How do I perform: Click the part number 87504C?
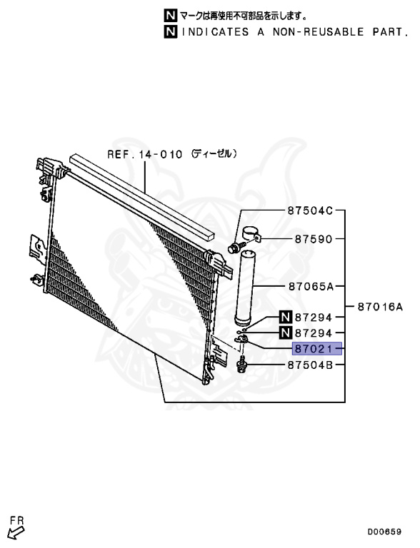click(x=310, y=210)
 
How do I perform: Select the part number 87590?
click(x=314, y=239)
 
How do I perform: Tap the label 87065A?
click(x=311, y=287)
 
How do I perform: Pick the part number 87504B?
click(x=310, y=365)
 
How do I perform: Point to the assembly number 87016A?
click(x=380, y=308)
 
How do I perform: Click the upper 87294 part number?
click(x=314, y=318)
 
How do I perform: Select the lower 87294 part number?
click(x=314, y=333)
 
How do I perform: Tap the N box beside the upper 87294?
click(x=286, y=318)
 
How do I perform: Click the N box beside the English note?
click(x=171, y=32)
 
